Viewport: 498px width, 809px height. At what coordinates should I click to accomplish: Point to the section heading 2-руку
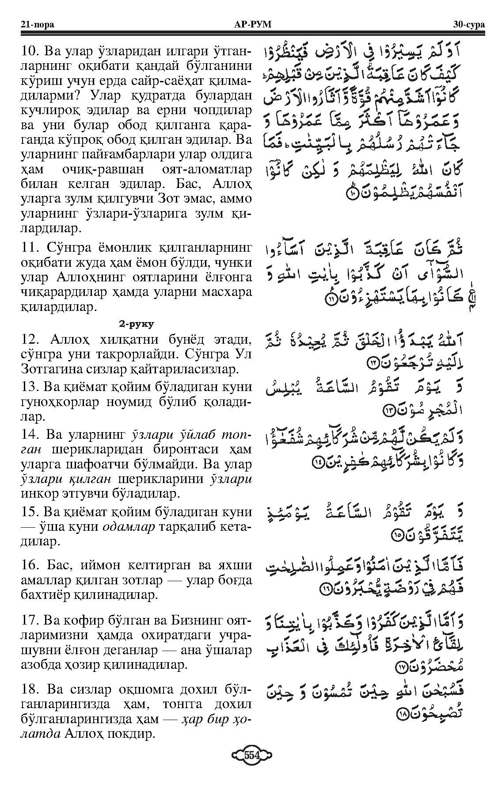(x=136, y=324)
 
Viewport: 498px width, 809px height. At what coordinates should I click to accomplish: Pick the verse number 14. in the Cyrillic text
(x=30, y=435)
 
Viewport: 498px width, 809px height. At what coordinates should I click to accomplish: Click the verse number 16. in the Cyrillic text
(x=30, y=565)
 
